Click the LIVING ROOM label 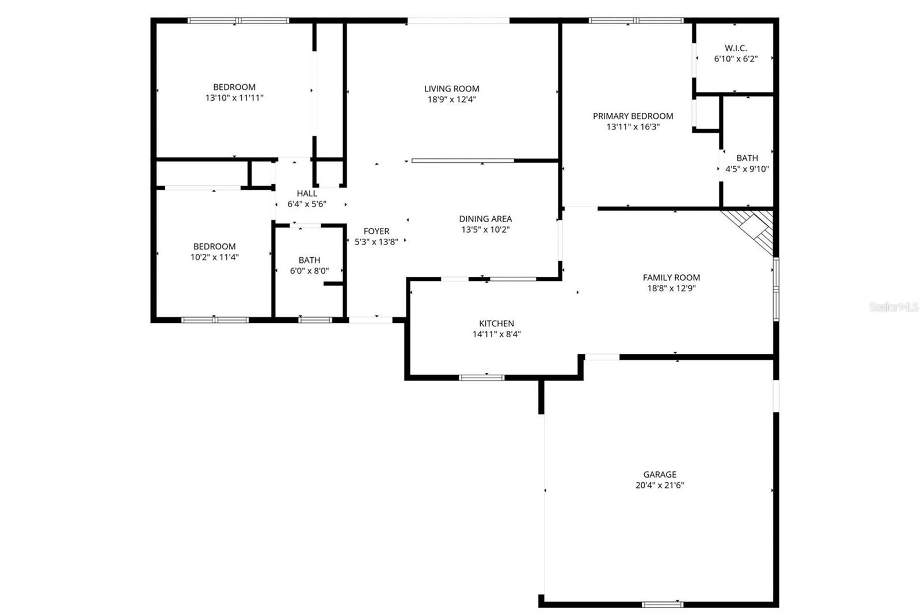pos(451,89)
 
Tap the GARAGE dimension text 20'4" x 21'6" pos(659,485)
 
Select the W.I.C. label pos(736,48)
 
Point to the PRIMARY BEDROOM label pos(633,116)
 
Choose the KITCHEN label pos(496,323)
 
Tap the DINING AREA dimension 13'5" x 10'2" pos(485,230)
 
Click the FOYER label pos(376,231)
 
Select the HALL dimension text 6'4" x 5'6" pos(307,204)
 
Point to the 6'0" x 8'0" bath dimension pos(309,271)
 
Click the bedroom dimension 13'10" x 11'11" pos(234,98)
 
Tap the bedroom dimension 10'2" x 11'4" pos(214,257)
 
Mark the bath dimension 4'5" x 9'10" pos(747,169)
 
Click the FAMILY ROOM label pos(671,277)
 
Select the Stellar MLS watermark pos(893,307)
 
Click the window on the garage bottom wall pos(663,604)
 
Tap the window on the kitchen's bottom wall pos(482,377)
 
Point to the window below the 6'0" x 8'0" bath pos(315,319)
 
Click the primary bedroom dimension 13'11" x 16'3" pos(633,127)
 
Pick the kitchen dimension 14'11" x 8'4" pos(496,334)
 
